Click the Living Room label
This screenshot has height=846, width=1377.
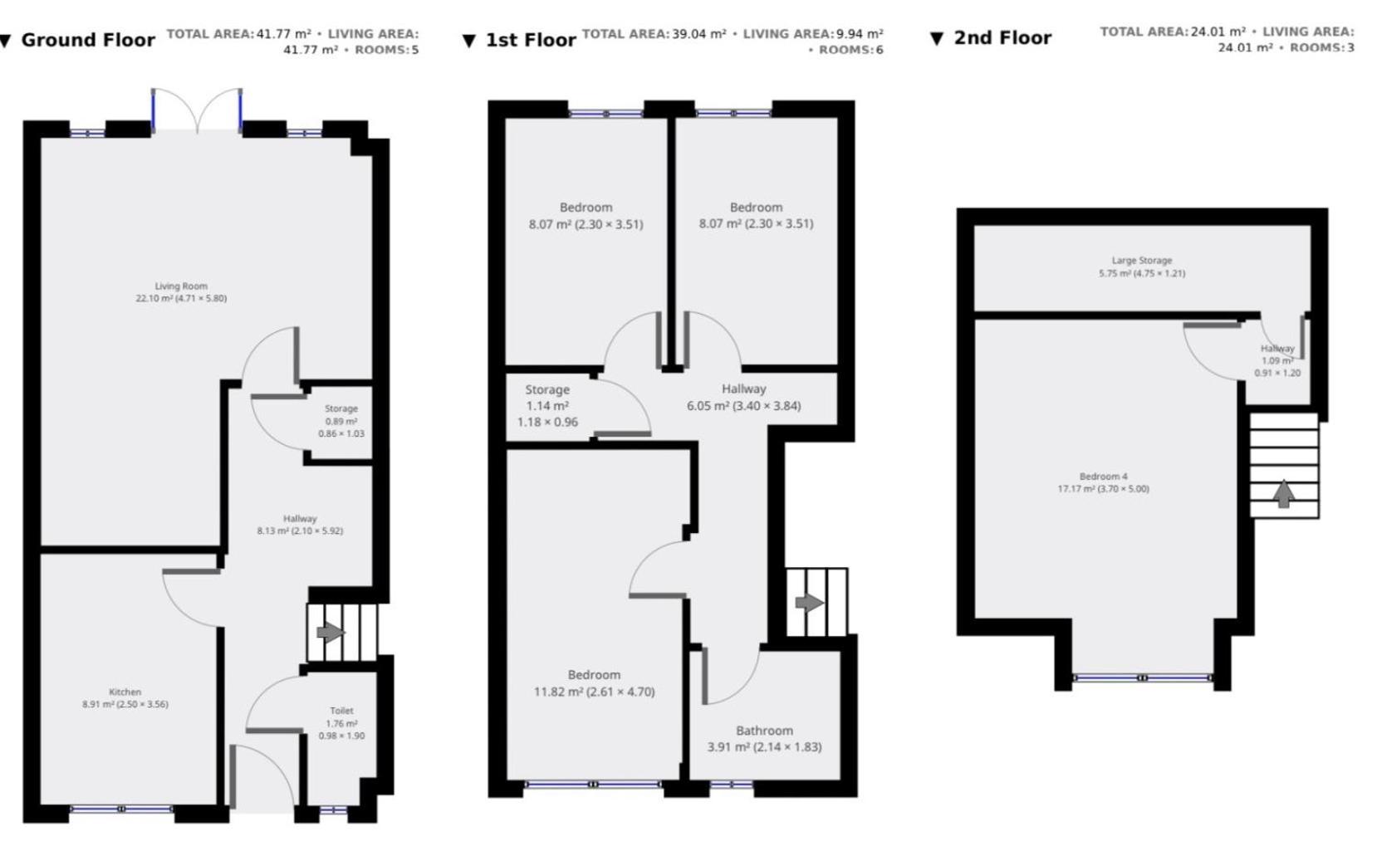pos(181,292)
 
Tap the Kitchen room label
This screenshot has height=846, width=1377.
pos(125,698)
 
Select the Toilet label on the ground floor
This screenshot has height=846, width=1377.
pos(342,723)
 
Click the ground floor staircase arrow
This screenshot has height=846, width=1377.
pos(331,632)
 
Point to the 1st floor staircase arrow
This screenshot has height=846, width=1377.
pos(810,603)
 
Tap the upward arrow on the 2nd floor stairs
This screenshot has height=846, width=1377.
pos(1283,493)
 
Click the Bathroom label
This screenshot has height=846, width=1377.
pos(765,738)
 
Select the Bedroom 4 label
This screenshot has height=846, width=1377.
pos(1104,482)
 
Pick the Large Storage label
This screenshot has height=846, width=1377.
pos(1142,267)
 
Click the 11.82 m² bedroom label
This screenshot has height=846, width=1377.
pos(595,683)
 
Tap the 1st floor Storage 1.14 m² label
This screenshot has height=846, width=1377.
pos(547,405)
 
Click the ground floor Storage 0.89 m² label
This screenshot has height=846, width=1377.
pos(341,421)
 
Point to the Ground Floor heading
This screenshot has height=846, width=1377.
pos(88,40)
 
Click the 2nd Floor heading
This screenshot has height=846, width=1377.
pos(1002,38)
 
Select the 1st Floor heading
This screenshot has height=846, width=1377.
pos(532,40)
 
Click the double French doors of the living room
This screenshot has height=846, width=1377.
pos(197,110)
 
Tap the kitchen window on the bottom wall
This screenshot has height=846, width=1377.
pos(122,809)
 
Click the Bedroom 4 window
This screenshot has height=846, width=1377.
pos(1143,677)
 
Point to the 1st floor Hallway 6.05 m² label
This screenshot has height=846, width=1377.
pos(744,397)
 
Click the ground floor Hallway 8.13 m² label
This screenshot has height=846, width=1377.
pos(300,525)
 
